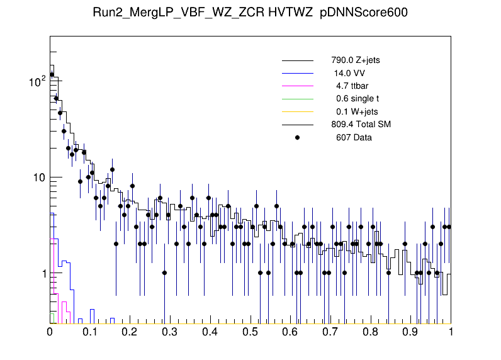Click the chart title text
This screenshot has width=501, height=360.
click(250, 14)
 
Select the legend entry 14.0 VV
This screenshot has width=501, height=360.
click(349, 74)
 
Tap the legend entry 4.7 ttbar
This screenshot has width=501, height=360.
click(351, 86)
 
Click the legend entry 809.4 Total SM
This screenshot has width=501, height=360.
click(361, 125)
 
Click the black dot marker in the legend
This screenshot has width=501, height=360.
click(298, 137)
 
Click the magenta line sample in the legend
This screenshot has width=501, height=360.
click(298, 86)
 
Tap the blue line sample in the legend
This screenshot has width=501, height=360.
click(298, 74)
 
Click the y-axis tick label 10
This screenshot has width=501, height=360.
click(39, 177)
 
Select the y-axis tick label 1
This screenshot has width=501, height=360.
click(42, 274)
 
